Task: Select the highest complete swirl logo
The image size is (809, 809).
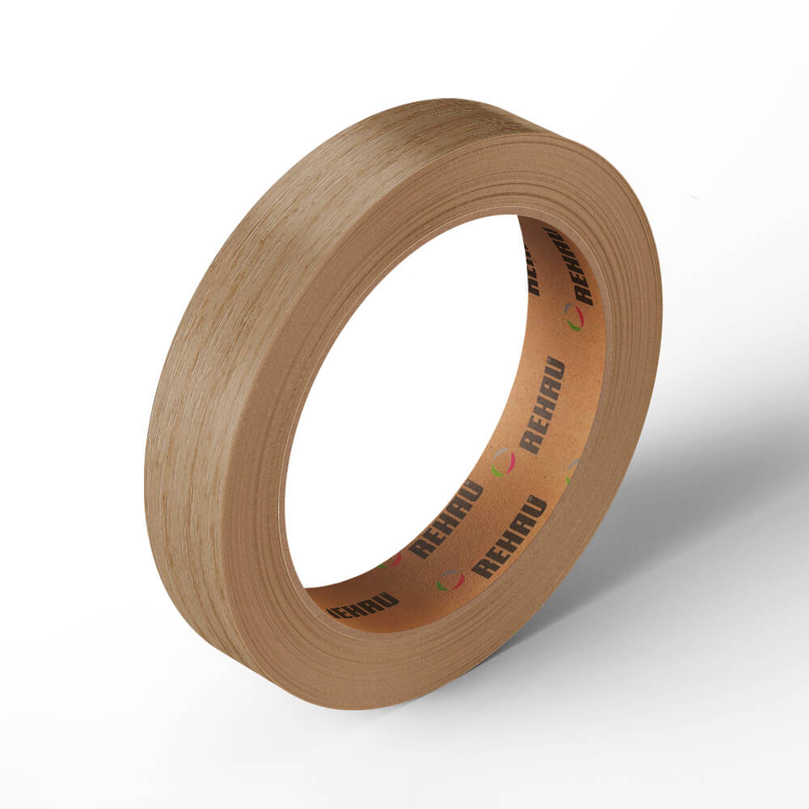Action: click(x=574, y=317)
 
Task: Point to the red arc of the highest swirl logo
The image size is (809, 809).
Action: click(x=580, y=316)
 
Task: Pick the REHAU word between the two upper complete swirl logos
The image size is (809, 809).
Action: click(x=543, y=405)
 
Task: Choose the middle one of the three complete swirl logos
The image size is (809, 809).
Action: click(x=503, y=463)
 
